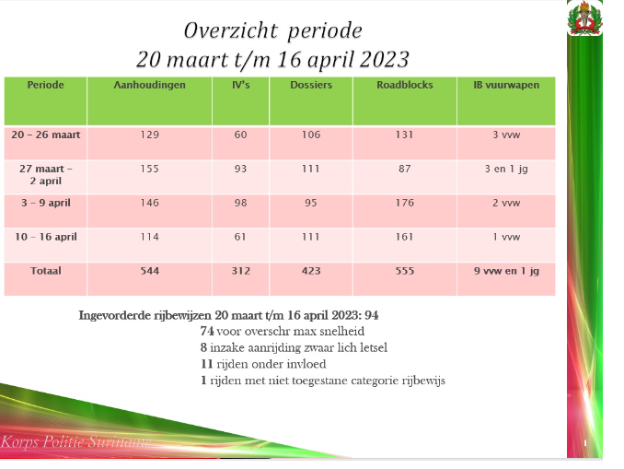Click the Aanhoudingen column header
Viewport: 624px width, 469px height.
[x=149, y=85]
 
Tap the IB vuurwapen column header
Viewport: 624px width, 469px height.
[x=505, y=85]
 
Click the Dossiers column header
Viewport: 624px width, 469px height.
[x=310, y=85]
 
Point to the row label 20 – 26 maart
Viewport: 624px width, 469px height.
[x=46, y=135]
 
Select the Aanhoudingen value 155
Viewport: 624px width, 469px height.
[x=149, y=169]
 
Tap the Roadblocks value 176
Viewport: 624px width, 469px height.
[x=404, y=203]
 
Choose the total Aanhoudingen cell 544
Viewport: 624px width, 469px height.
[x=149, y=271]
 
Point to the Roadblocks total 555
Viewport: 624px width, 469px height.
[x=404, y=271]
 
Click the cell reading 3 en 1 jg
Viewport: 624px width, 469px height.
[x=505, y=169]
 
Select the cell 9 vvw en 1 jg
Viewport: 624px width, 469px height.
[x=505, y=271]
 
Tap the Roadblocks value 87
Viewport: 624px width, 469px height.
[x=404, y=169]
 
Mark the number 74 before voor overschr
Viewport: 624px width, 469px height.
[x=207, y=330]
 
